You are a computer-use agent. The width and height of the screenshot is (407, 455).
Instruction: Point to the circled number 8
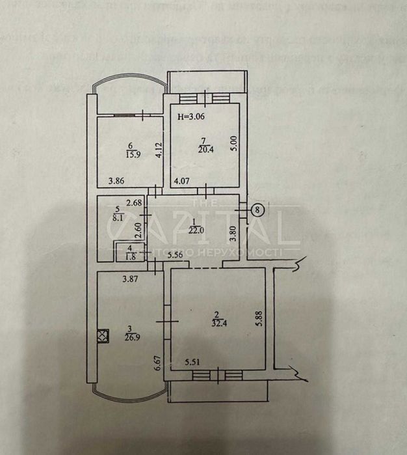pos(259,210)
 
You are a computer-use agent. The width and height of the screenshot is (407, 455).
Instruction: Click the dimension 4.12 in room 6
pos(157,151)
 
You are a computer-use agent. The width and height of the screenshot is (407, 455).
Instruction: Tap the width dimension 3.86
pos(116,181)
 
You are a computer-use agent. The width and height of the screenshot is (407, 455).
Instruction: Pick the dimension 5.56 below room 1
pos(174,256)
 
